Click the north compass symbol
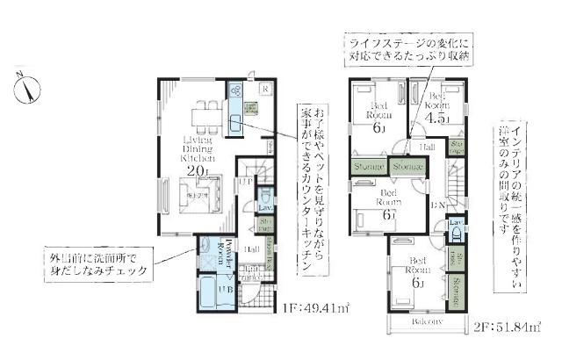coord(28,88)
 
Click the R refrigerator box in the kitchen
coord(263,89)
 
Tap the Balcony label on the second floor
coord(422,322)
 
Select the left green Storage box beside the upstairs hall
coord(367,166)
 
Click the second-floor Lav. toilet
coord(456,231)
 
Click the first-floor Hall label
coord(250,249)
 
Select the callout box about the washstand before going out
coord(97,263)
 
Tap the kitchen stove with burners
coord(236,90)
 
